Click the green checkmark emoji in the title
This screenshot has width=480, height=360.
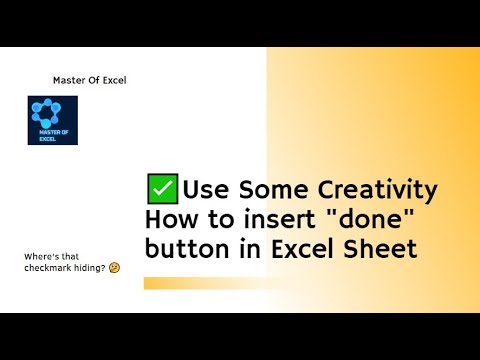coord(162,189)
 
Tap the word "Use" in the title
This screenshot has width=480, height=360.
coord(206,190)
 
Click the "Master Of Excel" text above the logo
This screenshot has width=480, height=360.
coord(89,80)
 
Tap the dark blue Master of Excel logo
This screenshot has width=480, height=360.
coord(53,121)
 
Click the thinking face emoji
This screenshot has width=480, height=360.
coord(115,269)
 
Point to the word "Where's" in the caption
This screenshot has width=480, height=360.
coord(41,256)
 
